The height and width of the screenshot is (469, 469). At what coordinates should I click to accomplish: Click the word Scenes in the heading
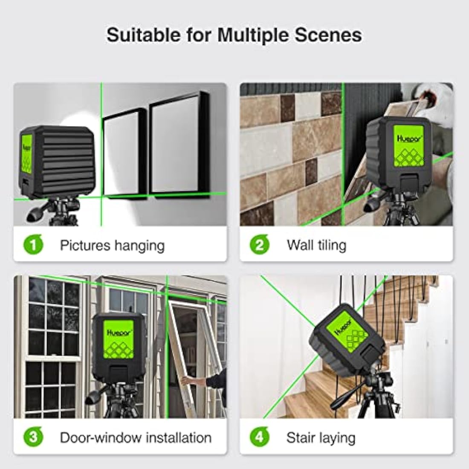pos(333,35)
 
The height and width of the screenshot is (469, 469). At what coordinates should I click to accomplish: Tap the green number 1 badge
pos(33,245)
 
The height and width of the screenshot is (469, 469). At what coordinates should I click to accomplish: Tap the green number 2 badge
pos(259,245)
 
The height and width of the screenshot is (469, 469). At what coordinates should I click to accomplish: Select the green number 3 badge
pos(33,437)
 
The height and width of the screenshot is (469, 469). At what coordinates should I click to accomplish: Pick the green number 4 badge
pos(259,437)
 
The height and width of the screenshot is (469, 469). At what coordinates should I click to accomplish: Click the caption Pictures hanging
pos(112,245)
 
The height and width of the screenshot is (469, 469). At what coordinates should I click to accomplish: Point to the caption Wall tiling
pos(316,245)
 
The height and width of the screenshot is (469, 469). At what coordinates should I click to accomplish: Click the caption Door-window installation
pos(136,437)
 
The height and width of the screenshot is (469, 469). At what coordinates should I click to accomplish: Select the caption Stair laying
pos(321,437)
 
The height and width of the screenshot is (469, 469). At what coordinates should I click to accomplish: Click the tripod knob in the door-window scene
pos(93,397)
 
